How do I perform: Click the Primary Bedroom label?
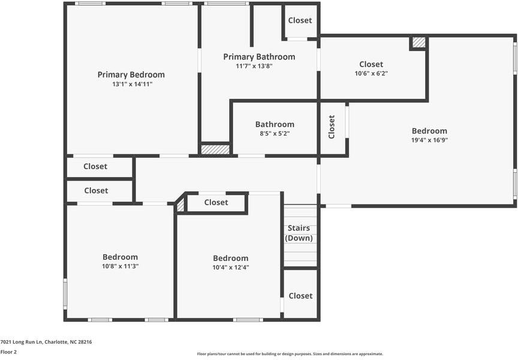click(x=131, y=75)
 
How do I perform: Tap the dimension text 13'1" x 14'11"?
click(x=132, y=84)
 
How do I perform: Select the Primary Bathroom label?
click(x=260, y=57)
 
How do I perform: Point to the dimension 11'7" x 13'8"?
click(x=254, y=66)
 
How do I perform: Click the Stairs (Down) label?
click(x=299, y=233)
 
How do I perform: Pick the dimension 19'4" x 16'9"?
click(x=429, y=140)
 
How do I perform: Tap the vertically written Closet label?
click(x=332, y=127)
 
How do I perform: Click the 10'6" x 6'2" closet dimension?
click(x=371, y=73)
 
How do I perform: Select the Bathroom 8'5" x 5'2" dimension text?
click(x=275, y=134)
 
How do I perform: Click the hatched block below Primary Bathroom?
click(x=215, y=149)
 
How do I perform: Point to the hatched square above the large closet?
click(x=418, y=43)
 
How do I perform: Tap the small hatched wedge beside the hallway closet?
click(x=180, y=205)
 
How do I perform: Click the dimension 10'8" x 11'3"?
click(x=121, y=266)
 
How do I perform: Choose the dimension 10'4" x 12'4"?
click(x=231, y=267)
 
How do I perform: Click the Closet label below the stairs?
click(x=300, y=296)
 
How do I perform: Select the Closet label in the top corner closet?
click(x=300, y=20)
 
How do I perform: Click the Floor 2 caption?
click(x=8, y=352)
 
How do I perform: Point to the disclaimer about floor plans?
click(x=290, y=354)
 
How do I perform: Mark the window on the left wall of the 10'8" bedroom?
click(x=65, y=294)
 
